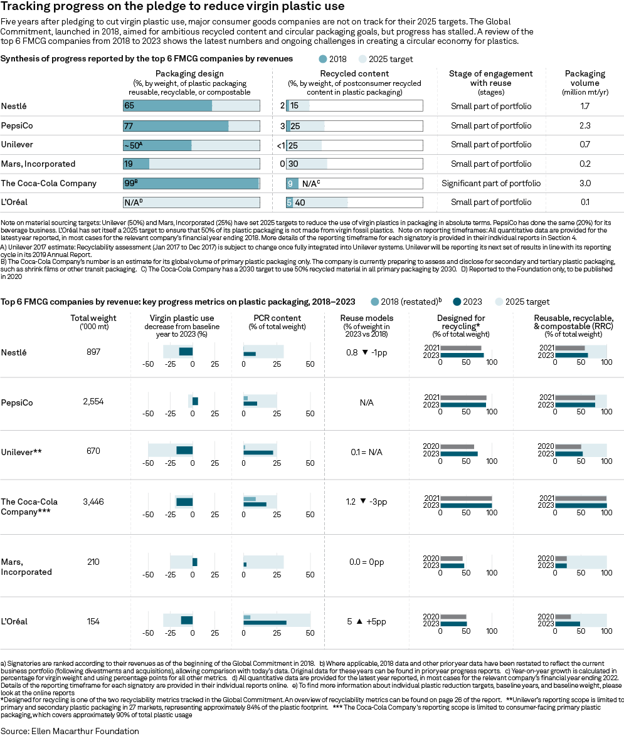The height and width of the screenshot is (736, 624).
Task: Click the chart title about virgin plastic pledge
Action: (x=172, y=7)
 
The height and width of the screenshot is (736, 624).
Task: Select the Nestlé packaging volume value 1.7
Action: (x=584, y=106)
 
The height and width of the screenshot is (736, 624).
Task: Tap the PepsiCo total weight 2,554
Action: (x=93, y=401)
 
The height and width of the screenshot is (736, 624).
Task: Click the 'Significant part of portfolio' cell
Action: (x=491, y=184)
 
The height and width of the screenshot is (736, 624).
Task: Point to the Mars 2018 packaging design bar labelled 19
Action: (x=136, y=164)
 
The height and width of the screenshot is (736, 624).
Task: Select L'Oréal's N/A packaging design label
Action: (x=133, y=203)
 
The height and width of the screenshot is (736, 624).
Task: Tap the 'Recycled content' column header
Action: (x=354, y=73)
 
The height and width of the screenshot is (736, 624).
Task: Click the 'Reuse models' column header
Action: (x=366, y=318)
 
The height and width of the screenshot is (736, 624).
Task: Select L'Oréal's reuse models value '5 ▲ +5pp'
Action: (x=366, y=622)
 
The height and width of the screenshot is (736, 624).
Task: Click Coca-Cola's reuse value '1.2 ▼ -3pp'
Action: (x=366, y=502)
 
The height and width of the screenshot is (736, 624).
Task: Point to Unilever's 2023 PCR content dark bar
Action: (x=258, y=453)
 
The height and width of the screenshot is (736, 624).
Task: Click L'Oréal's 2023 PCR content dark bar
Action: (x=265, y=623)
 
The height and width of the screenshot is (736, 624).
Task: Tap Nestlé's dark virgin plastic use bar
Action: (x=186, y=352)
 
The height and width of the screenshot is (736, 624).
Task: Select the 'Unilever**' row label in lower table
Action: (x=21, y=451)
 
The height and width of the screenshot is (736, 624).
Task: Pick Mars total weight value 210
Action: (x=93, y=562)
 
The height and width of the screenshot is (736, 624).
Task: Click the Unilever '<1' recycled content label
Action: (x=280, y=145)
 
